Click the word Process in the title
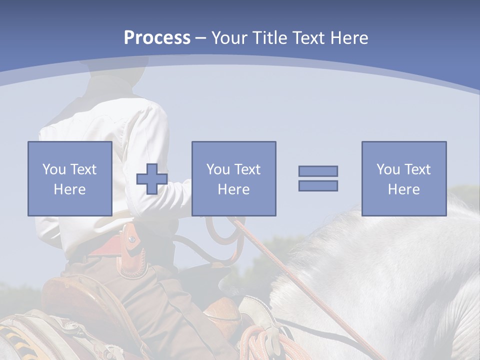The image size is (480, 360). (x=157, y=38)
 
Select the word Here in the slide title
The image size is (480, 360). (x=348, y=38)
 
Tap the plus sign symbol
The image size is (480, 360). (x=152, y=179)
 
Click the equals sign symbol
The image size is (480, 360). (x=318, y=178)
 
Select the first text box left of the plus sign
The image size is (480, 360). (x=69, y=178)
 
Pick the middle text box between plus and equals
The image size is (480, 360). (x=233, y=178)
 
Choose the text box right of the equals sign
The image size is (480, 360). (x=403, y=178)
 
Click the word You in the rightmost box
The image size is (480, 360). (x=388, y=169)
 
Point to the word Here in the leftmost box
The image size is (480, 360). (x=69, y=189)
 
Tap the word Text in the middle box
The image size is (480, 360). (x=247, y=169)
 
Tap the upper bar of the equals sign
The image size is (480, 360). (x=318, y=171)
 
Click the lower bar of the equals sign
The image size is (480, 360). (x=318, y=185)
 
